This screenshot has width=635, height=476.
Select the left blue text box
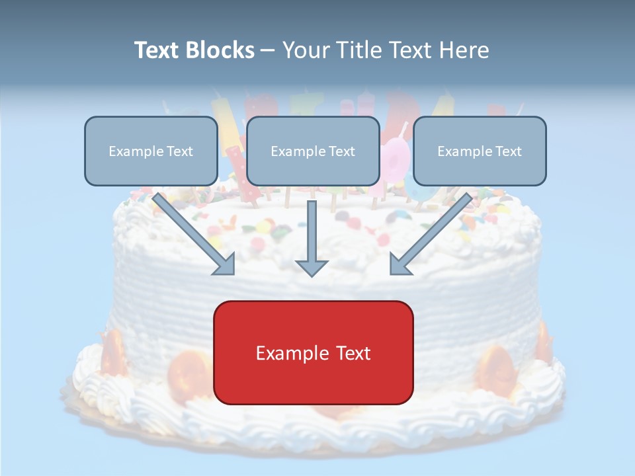pyautogui.click(x=151, y=151)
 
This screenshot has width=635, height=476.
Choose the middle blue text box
pyautogui.click(x=313, y=151)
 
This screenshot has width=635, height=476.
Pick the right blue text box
pyautogui.click(x=480, y=151)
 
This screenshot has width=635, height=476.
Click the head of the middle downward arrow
pyautogui.click(x=312, y=267)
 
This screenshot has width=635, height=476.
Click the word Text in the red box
pyautogui.click(x=351, y=353)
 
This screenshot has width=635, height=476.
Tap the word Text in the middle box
pyautogui.click(x=343, y=151)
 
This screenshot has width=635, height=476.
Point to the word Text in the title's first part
pyautogui.click(x=157, y=50)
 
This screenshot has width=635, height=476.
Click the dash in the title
pyautogui.click(x=269, y=50)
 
